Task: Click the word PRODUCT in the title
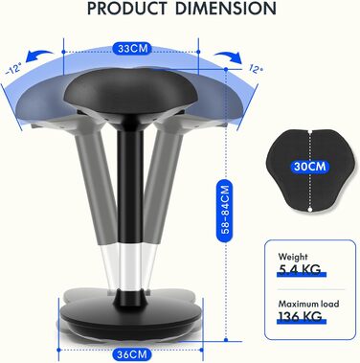[x=127, y=9]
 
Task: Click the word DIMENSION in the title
[x=226, y=9]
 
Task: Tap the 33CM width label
[x=131, y=49]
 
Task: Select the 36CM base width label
[x=131, y=354]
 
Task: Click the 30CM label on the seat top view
[x=309, y=166]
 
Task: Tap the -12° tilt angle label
[x=13, y=69]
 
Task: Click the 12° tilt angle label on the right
[x=256, y=68]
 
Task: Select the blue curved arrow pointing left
[x=40, y=57]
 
